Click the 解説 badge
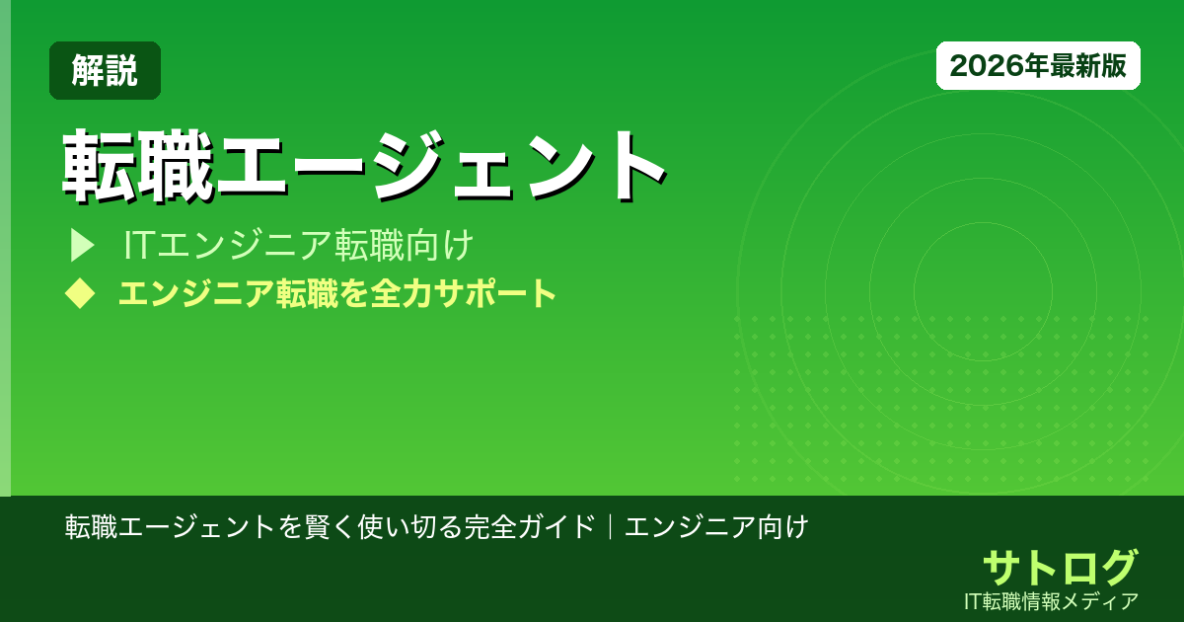coord(105,71)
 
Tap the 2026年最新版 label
coord(1038,66)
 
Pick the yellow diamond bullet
coord(80,293)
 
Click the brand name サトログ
coord(1060,568)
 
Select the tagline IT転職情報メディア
coord(1052,600)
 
